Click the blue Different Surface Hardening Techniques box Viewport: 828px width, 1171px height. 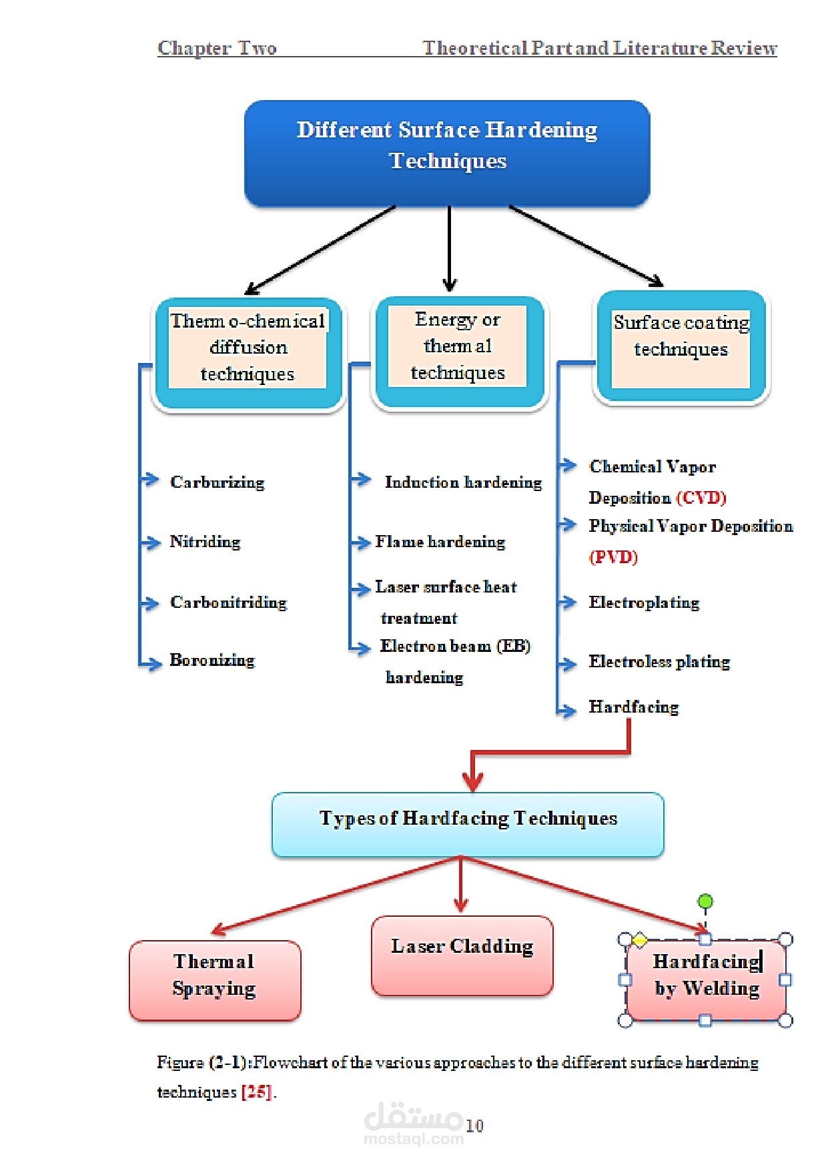point(447,153)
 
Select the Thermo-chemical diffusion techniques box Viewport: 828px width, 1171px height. point(248,354)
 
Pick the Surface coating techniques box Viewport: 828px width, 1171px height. point(681,347)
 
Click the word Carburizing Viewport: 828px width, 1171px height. point(217,482)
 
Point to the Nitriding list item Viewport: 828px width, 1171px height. point(205,541)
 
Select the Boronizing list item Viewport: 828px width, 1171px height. point(212,660)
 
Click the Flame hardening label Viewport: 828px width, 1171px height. point(440,541)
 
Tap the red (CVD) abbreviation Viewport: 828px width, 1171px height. point(701,498)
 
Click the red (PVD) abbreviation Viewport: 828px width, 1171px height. point(613,556)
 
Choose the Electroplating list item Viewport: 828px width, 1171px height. point(644,602)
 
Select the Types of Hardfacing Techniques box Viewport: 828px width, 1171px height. point(468,824)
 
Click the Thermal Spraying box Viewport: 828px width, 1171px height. point(214,980)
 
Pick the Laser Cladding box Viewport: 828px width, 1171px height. point(462,955)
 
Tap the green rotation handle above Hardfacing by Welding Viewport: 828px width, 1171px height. point(705,901)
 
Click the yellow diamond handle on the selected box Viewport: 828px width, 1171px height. point(639,941)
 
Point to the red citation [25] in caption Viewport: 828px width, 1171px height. point(256,1092)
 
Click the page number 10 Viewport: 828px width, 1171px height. point(474,1126)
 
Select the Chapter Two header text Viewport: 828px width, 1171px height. point(217,48)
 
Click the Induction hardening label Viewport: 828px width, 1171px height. point(463,482)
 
